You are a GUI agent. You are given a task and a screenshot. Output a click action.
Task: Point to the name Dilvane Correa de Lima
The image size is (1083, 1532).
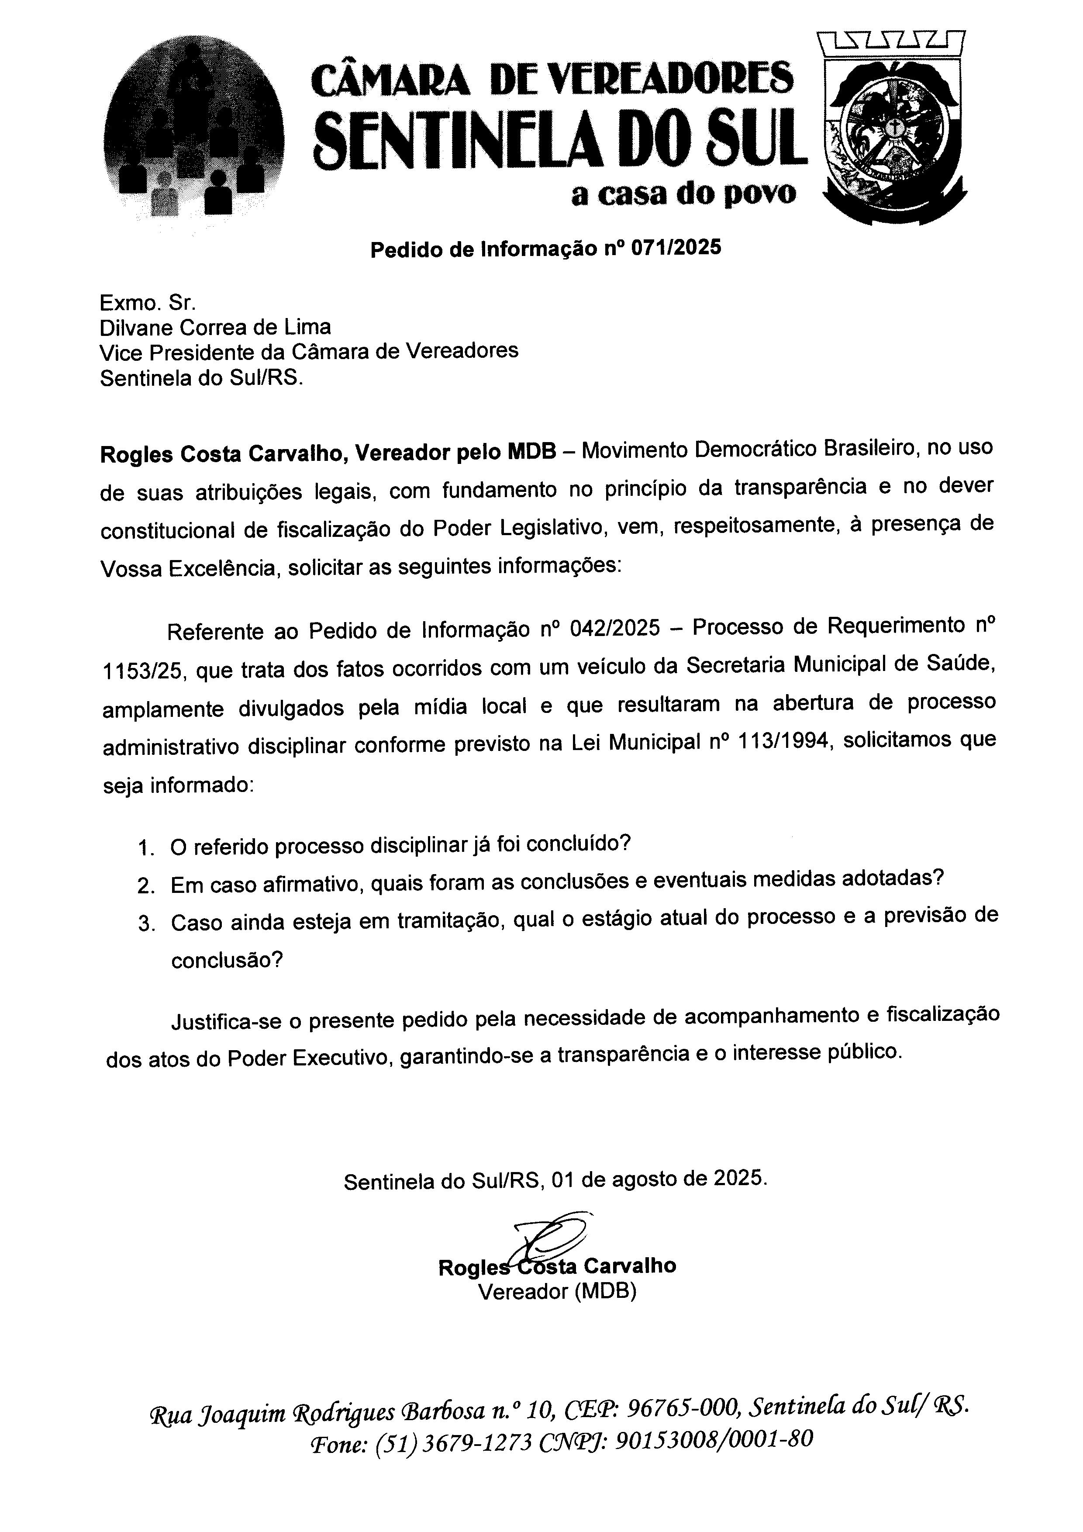click(215, 327)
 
